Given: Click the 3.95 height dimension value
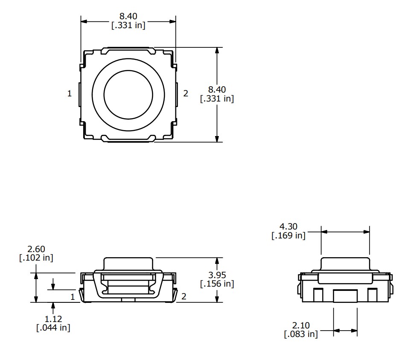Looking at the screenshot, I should (217, 275).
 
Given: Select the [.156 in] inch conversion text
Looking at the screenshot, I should (217, 283).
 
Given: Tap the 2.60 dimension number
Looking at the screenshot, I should (36, 249).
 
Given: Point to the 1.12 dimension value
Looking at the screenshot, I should (53, 319).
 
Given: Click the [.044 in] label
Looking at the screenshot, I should (53, 328).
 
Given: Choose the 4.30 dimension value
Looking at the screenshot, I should (288, 227).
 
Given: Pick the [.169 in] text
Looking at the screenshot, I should (288, 235).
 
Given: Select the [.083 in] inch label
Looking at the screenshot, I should (301, 334).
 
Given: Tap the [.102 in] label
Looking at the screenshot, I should (36, 258).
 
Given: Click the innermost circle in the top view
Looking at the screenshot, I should (128, 94).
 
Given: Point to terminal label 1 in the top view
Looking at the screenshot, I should (70, 94).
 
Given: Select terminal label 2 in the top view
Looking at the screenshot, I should (186, 94).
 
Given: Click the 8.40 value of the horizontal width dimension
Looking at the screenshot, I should (128, 16).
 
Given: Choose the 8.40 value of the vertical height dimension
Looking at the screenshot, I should (217, 90).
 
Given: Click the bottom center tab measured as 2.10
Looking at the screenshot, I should (345, 296).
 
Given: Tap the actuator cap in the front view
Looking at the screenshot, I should (128, 264).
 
